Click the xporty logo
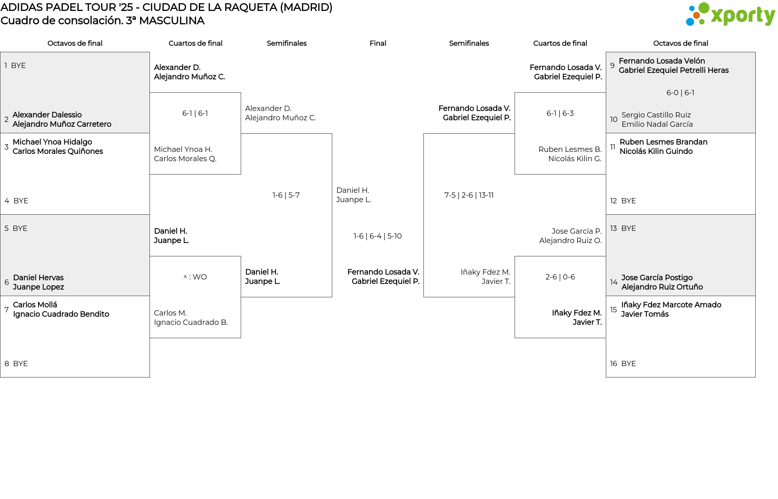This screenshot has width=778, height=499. [x=730, y=15]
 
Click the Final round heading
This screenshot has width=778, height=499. [x=378, y=43]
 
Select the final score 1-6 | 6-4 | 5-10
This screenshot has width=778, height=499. [x=377, y=236]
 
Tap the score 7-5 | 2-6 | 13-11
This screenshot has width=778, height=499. [x=469, y=195]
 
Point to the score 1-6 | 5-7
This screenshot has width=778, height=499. [x=286, y=195]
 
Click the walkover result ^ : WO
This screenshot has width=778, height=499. [x=195, y=277]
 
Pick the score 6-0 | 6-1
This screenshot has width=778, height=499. [x=680, y=93]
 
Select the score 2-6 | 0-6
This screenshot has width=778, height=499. [x=560, y=277]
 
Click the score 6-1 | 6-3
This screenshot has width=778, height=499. [x=560, y=113]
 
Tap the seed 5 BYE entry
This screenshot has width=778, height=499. [x=16, y=228]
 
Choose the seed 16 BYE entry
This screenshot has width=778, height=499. [x=623, y=364]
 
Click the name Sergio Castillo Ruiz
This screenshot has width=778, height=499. [x=656, y=115]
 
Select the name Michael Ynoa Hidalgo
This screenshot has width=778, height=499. [x=52, y=142]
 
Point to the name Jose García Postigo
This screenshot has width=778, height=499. [x=657, y=278]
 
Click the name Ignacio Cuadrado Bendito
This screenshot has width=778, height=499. [x=61, y=314]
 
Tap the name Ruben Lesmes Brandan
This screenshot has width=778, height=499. [x=663, y=142]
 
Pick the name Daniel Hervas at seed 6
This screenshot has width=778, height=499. [x=38, y=278]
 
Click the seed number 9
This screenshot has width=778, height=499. [x=612, y=66]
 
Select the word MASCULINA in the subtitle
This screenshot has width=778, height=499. [x=172, y=21]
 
